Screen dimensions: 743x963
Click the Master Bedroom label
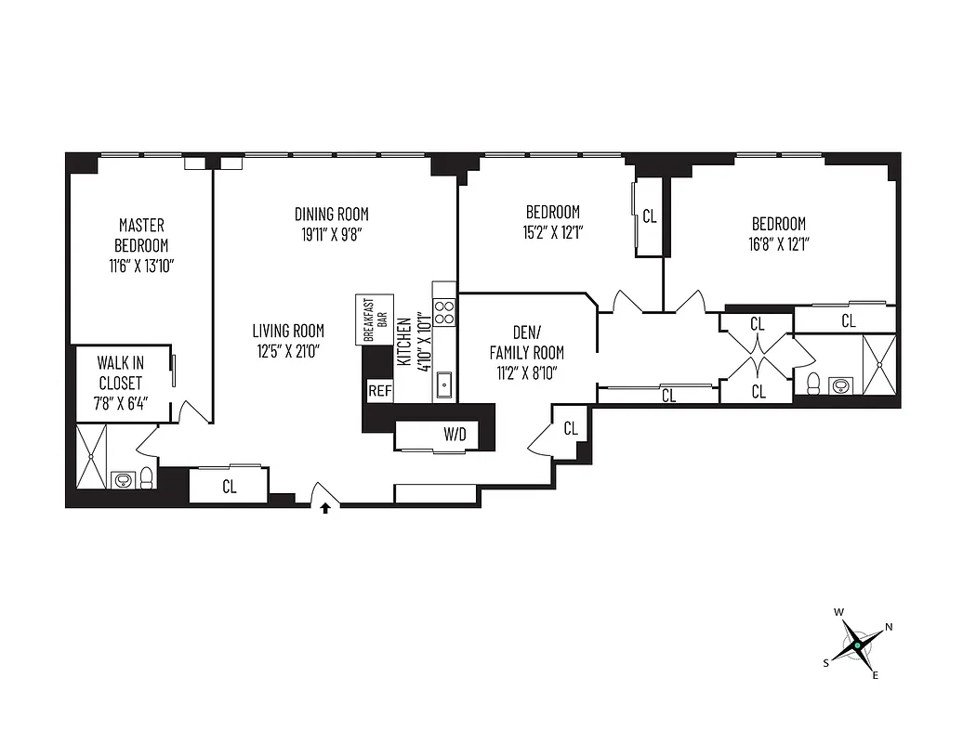(x=141, y=235)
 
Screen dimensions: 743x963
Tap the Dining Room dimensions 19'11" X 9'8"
(x=332, y=235)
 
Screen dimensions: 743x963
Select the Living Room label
(x=288, y=331)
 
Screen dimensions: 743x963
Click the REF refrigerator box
(x=380, y=391)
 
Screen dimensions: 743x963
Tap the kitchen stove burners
(x=444, y=311)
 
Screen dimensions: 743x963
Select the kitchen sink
(x=444, y=382)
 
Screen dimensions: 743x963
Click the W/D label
(x=455, y=433)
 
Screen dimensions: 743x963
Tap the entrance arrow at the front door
(x=325, y=508)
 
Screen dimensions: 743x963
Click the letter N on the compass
(x=889, y=627)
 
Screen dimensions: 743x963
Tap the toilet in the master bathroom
(x=147, y=478)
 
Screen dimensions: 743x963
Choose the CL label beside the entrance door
(x=229, y=486)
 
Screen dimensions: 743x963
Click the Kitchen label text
(x=404, y=344)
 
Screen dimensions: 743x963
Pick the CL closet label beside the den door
(x=571, y=428)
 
